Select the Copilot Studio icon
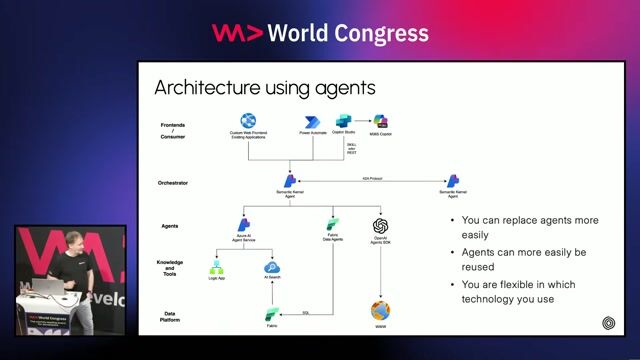[344, 121]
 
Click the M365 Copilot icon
[381, 121]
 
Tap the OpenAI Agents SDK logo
[380, 226]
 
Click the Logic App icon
[214, 267]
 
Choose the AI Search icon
[270, 267]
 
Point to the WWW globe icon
[380, 310]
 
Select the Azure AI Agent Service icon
[243, 225]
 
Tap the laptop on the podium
[50, 288]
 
